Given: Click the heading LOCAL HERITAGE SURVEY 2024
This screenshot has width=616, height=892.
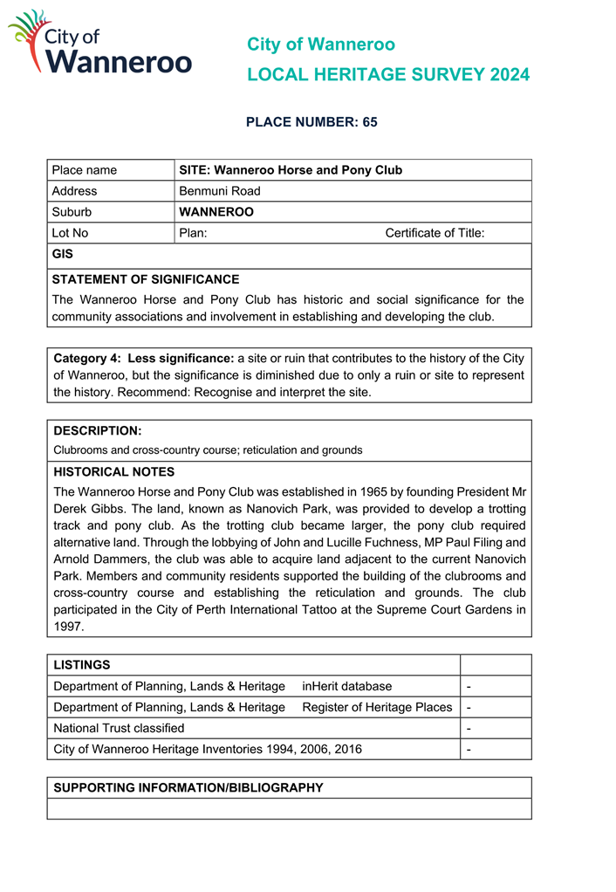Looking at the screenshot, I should (388, 75).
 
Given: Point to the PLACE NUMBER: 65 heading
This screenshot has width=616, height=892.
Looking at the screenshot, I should (311, 122).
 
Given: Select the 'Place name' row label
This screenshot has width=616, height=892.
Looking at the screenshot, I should (84, 170).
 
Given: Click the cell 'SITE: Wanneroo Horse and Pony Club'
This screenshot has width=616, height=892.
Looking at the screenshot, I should (291, 170).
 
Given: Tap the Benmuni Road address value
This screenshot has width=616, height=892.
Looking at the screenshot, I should (220, 191).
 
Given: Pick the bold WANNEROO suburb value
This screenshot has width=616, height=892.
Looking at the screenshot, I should (216, 212).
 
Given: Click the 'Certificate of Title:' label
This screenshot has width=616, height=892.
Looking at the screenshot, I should (435, 233).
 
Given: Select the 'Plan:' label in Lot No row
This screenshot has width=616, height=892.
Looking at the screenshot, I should (193, 233).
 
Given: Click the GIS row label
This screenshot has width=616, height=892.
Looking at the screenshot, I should (62, 254).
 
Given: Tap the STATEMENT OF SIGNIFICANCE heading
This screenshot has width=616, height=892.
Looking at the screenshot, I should (145, 279).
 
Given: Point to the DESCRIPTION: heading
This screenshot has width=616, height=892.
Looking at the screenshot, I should (97, 431).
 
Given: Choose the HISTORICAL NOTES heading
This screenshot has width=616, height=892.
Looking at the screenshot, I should (113, 471).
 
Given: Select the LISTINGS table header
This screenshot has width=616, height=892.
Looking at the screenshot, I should (82, 665).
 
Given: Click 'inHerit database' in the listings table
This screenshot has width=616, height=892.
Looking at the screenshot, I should (346, 686).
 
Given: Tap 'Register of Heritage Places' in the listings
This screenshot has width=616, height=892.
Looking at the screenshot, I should (377, 707).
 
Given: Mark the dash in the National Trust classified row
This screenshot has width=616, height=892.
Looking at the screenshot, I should (469, 728).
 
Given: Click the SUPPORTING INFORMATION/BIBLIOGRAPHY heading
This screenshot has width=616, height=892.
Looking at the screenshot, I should (188, 787).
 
